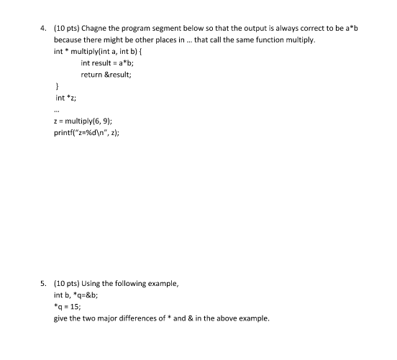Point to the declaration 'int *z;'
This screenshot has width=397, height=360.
(x=67, y=97)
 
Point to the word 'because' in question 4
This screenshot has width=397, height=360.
(x=68, y=40)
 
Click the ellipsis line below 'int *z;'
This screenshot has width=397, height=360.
(x=58, y=110)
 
